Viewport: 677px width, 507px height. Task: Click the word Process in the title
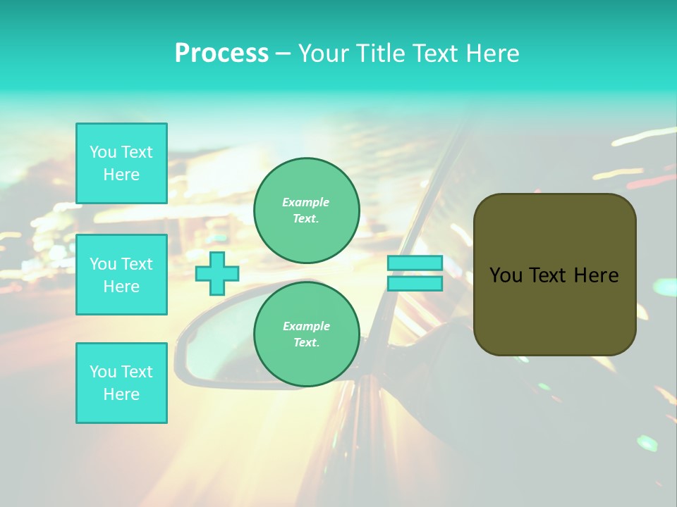[221, 54]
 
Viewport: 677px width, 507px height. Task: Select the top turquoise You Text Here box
[121, 163]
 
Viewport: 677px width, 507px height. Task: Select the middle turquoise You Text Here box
[121, 275]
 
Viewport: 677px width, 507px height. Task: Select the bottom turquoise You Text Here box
[121, 383]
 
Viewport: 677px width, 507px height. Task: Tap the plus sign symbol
[217, 273]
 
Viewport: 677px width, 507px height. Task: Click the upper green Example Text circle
[306, 211]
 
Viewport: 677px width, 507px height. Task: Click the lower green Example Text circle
[306, 334]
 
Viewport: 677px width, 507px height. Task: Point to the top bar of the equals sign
[415, 263]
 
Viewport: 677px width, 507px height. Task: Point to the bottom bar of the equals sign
[415, 284]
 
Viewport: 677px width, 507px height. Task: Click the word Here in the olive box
[596, 275]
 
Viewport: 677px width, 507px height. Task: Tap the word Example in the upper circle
[306, 202]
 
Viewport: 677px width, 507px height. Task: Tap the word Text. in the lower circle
[306, 343]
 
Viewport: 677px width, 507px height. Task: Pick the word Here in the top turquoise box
[121, 175]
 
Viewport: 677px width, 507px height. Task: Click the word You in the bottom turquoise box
[103, 372]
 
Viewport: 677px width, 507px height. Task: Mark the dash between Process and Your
[283, 54]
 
